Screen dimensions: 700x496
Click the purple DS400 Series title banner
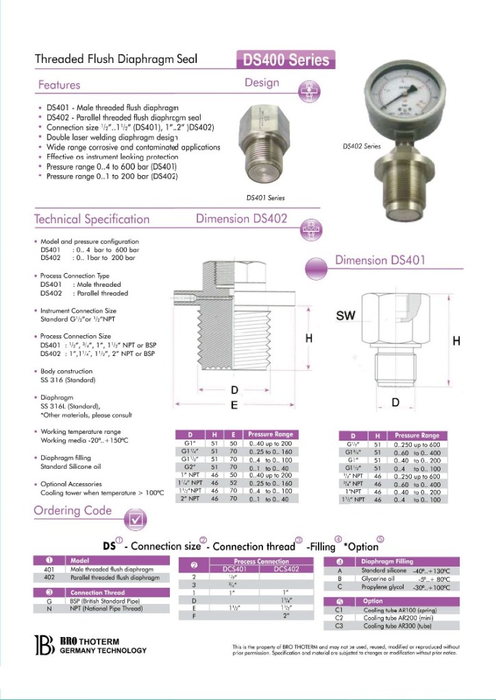pos(286,60)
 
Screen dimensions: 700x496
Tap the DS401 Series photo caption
pos(264,198)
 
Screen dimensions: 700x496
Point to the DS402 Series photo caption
pos(361,146)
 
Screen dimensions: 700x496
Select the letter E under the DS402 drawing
pos(234,405)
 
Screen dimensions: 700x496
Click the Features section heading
pos(59,86)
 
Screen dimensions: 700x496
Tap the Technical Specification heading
pos(92,220)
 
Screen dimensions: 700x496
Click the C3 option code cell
pos(338,626)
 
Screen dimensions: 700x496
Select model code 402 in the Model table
pos(49,578)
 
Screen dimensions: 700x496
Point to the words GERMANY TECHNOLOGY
pos(103,650)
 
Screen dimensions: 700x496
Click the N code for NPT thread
pos(49,608)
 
